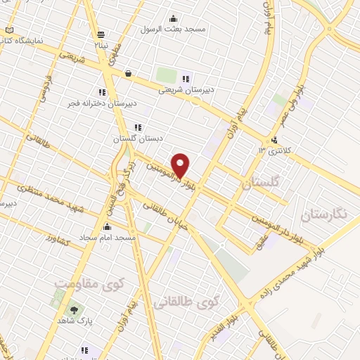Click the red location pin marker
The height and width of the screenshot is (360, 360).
tap(181, 165)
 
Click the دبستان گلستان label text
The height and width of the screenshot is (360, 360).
tap(136, 139)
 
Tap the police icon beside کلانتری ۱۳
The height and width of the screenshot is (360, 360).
tap(274, 140)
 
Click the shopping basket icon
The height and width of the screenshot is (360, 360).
tap(128, 73)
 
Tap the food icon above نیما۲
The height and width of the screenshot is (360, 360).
tap(103, 34)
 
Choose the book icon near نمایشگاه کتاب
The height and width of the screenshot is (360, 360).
tap(8, 30)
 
